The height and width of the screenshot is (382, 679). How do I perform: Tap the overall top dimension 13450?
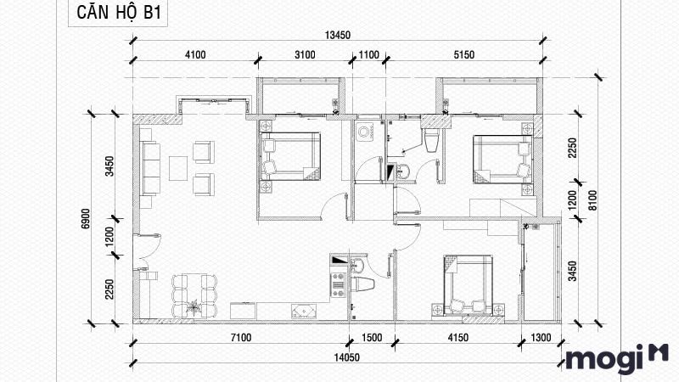[x=339, y=35]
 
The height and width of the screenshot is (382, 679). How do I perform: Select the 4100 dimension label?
[x=195, y=55]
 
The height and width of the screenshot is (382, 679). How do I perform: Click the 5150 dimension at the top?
[x=463, y=55]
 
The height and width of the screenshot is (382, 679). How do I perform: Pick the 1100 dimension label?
[x=368, y=55]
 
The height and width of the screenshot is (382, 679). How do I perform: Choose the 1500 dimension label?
[x=372, y=339]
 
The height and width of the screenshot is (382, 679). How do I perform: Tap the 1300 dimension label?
[x=540, y=339]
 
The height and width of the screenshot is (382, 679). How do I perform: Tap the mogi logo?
[x=617, y=359]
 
